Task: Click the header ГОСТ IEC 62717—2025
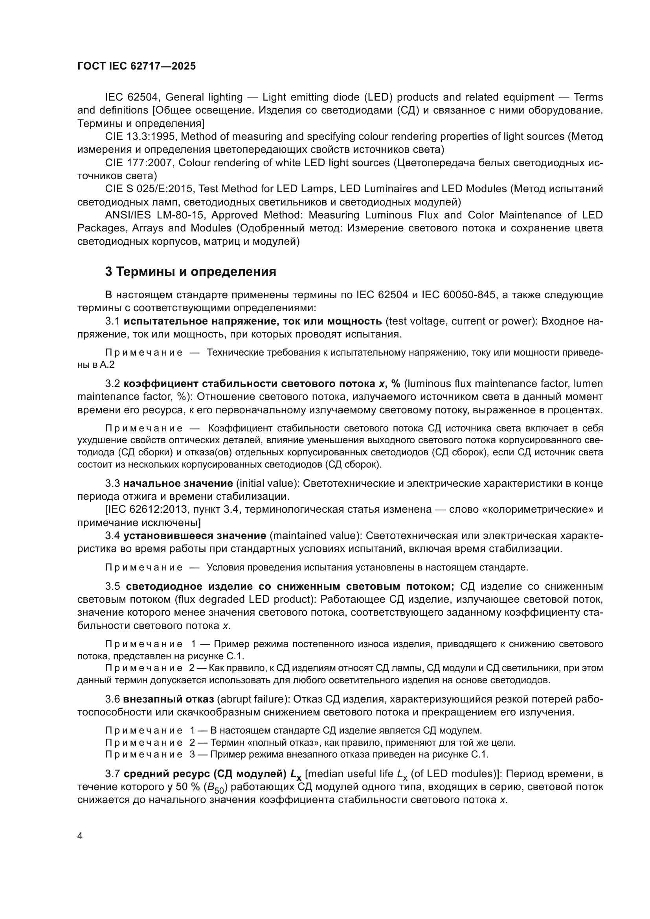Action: pyautogui.click(x=136, y=66)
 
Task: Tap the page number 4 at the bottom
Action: pyautogui.click(x=80, y=836)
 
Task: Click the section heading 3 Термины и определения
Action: pyautogui.click(x=191, y=272)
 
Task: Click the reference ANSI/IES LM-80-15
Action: pyautogui.click(x=155, y=215)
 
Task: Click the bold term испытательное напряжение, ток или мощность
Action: pyautogui.click(x=253, y=321)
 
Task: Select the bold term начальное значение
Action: pyautogui.click(x=178, y=483)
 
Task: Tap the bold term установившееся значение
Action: pyautogui.click(x=195, y=536)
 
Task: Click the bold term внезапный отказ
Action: pyautogui.click(x=169, y=699)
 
